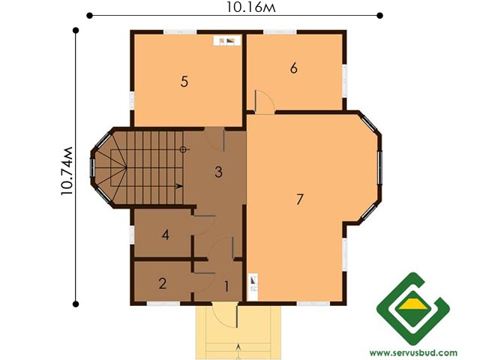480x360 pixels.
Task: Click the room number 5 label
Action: pos(184,82)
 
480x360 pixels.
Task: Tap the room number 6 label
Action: pos(294,68)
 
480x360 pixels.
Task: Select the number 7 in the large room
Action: pos(300,199)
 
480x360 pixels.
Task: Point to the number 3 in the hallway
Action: pos(218,172)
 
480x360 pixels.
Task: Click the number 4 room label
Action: pos(165,235)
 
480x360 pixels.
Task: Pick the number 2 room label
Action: pos(163,283)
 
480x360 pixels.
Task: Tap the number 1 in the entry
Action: pos(226,286)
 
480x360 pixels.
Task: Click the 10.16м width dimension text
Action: pos(251,7)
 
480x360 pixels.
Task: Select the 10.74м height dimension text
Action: pos(67,171)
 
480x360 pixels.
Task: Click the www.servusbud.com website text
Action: pos(413,353)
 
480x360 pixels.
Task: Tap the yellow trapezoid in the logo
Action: pos(413,305)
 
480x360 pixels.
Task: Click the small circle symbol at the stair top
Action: pos(183,150)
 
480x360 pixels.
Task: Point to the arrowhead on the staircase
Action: pos(180,186)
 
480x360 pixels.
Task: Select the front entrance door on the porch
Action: pos(237,315)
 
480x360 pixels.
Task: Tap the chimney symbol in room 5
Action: pos(227,40)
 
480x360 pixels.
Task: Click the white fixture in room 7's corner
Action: pos(253,287)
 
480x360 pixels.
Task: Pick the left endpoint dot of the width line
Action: pos(89,15)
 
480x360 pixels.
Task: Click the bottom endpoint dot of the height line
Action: pos(76,304)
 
